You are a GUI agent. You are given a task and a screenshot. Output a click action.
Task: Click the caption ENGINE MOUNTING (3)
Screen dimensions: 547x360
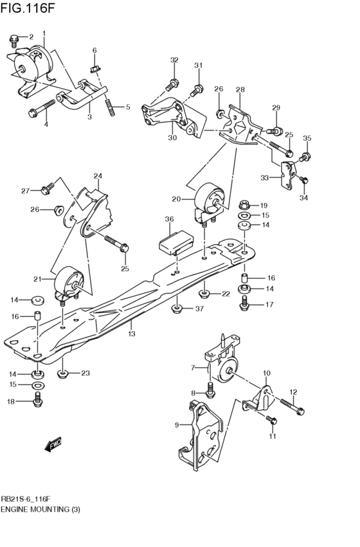[40, 509]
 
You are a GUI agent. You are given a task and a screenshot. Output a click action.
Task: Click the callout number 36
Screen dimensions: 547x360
[169, 219]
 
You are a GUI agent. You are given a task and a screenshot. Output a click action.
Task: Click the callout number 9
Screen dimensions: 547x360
[176, 424]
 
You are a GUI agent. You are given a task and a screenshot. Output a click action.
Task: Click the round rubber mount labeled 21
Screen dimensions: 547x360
[69, 283]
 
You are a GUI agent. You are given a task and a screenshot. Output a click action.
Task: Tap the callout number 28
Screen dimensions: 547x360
[240, 89]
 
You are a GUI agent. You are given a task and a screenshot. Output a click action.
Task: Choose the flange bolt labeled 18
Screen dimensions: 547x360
[37, 401]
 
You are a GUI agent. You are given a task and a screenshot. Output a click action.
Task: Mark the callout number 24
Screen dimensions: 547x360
[98, 175]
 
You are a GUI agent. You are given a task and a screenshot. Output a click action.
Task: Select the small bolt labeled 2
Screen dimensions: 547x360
[14, 41]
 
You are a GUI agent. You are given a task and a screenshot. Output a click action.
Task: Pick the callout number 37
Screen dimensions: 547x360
[199, 309]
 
